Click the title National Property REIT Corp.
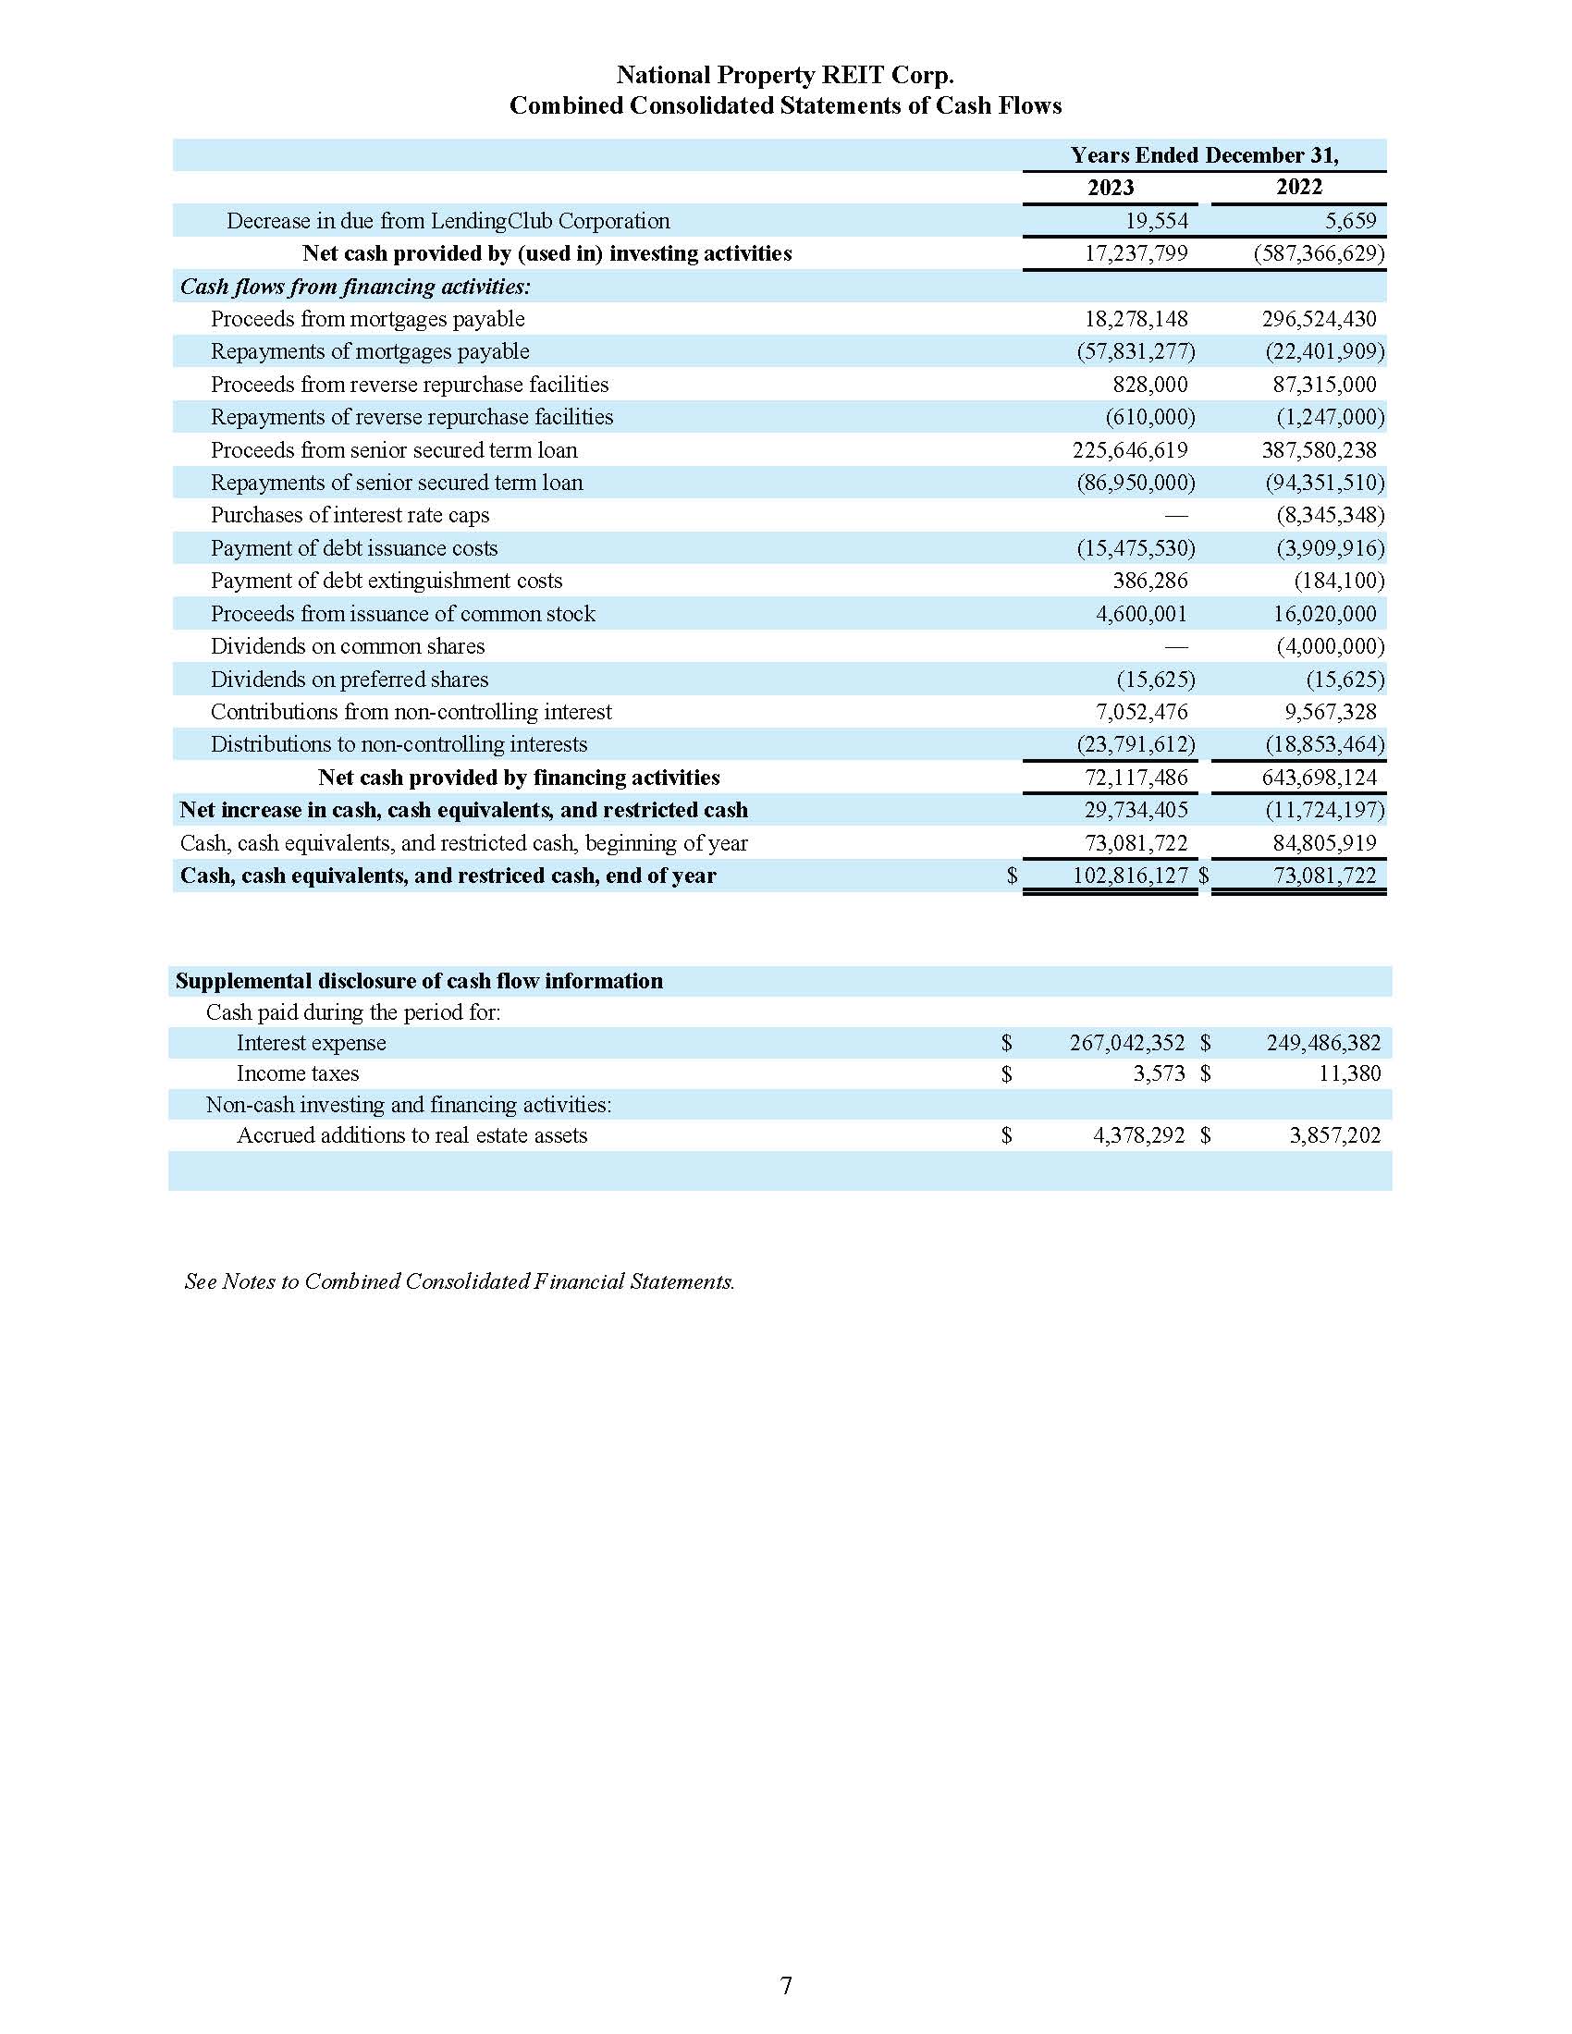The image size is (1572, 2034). tap(784, 76)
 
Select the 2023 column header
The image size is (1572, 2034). tap(1110, 187)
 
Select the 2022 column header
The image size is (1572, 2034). tap(1298, 187)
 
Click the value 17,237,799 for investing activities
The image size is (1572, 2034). tap(1136, 253)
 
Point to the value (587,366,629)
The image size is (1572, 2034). tap(1319, 253)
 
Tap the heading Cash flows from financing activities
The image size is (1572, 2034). tap(355, 287)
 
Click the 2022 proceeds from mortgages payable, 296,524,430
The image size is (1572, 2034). tap(1318, 320)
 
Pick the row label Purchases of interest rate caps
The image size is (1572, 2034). tap(350, 515)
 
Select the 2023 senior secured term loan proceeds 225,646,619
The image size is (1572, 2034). tap(1130, 450)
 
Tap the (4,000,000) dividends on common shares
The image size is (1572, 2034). tap(1330, 646)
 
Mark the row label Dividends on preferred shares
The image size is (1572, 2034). tap(350, 679)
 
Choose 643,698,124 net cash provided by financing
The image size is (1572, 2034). tap(1318, 778)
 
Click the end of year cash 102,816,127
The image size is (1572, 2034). tap(1130, 876)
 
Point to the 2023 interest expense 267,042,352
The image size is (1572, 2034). tap(1127, 1043)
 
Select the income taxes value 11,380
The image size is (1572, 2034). tap(1349, 1073)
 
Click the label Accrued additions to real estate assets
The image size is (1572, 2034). tap(411, 1135)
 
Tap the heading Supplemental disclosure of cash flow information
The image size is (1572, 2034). tap(419, 981)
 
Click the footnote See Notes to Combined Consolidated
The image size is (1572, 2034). tap(460, 1281)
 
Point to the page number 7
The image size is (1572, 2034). tap(785, 1986)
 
